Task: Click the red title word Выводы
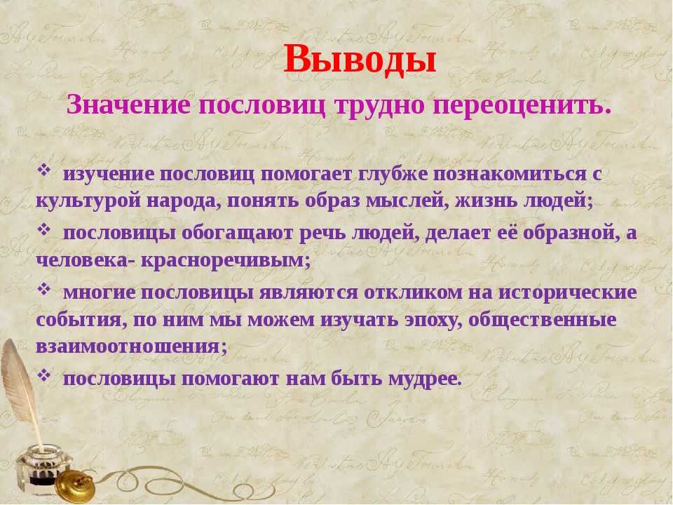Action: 360,60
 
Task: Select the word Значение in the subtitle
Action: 128,105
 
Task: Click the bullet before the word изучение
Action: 43,170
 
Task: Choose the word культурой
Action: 88,201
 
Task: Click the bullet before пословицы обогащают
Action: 43,229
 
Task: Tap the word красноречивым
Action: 225,260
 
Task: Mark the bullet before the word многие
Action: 43,288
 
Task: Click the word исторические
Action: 568,293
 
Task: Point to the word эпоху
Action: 434,321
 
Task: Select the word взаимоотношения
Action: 131,346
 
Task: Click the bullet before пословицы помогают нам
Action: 43,375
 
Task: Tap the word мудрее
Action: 425,379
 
